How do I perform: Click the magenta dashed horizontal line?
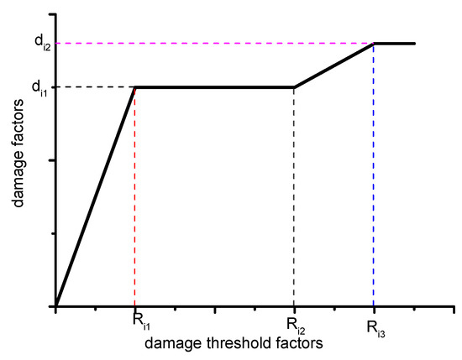210,43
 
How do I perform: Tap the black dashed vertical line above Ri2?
294,201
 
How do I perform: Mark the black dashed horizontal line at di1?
92,87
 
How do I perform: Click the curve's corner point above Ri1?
135,87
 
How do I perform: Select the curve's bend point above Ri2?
294,87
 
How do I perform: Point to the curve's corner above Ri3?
374,43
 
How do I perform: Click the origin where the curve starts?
55,307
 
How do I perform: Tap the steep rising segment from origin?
95,197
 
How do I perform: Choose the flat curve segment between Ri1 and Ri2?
214,87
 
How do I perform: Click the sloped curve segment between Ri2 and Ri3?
334,65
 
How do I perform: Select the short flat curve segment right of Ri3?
395,43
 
